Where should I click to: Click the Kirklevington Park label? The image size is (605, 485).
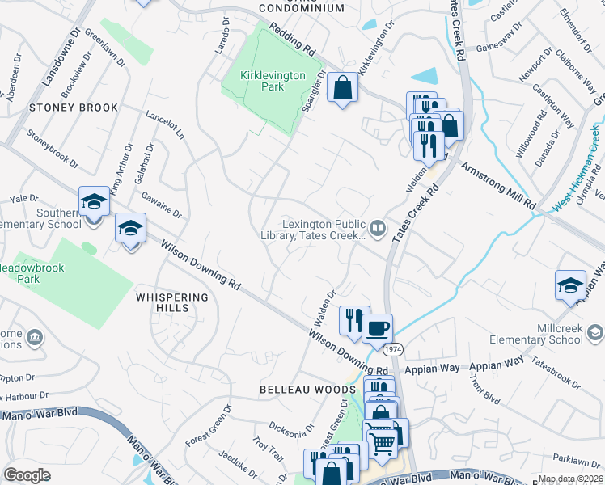pyautogui.click(x=273, y=80)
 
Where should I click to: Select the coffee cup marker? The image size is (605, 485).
pyautogui.click(x=377, y=328)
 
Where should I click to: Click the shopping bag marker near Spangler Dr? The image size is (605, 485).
pyautogui.click(x=343, y=88)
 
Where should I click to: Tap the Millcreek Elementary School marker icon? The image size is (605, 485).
pyautogui.click(x=594, y=333)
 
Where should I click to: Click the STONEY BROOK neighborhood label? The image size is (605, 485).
pyautogui.click(x=74, y=108)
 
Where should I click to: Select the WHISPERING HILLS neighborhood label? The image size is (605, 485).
pyautogui.click(x=172, y=302)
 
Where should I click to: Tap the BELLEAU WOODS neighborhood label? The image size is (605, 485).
pyautogui.click(x=307, y=390)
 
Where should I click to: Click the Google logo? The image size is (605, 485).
pyautogui.click(x=27, y=474)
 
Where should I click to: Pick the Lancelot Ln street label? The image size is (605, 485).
pyautogui.click(x=165, y=124)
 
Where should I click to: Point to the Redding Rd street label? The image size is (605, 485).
pyautogui.click(x=292, y=39)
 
